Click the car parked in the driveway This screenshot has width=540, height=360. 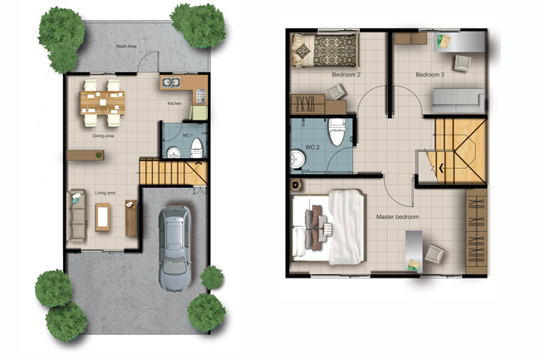click(174, 249)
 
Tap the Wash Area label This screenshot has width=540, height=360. click(126, 47)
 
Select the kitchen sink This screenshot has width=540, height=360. click(171, 82)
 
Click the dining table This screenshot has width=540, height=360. click(103, 102)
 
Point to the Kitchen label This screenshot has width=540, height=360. click(174, 103)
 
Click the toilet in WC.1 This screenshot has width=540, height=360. click(197, 148)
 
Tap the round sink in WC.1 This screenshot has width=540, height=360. click(174, 153)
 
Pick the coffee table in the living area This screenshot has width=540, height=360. click(103, 217)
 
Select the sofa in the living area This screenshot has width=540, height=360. click(76, 215)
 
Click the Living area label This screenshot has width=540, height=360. click(105, 193)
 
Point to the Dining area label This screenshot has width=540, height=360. click(103, 136)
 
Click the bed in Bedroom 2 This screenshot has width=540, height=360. click(324, 50)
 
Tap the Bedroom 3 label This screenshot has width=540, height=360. click(430, 75)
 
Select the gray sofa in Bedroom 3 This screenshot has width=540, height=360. click(458, 101)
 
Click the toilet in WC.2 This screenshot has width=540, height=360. click(337, 132)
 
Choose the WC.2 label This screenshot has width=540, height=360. click(312, 147)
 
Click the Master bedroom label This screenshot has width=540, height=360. click(397, 217)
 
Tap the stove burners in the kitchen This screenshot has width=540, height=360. click(201, 96)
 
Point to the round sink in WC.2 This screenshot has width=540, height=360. click(297, 160)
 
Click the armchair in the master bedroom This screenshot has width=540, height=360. click(434, 254)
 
